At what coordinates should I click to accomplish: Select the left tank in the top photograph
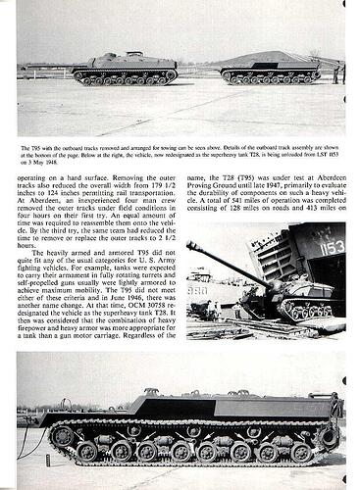pyautogui.click(x=127, y=70)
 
